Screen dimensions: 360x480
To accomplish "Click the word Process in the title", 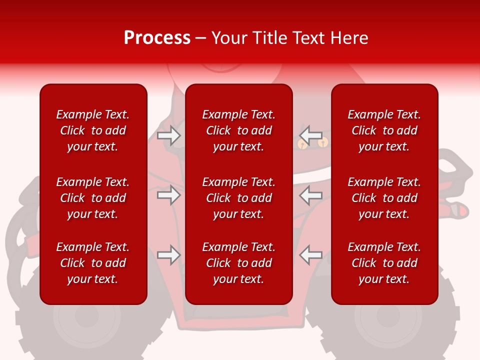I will pyautogui.click(x=157, y=38).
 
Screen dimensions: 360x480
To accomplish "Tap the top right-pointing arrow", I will pyautogui.click(x=168, y=135).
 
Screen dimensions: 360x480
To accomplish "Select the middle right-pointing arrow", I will pyautogui.click(x=168, y=195).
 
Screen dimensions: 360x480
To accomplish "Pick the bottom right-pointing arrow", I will pyautogui.click(x=168, y=255).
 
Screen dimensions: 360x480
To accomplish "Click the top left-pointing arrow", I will pyautogui.click(x=310, y=135).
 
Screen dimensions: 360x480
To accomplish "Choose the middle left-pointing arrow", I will pyautogui.click(x=310, y=195).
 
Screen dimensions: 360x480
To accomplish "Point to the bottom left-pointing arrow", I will pyautogui.click(x=310, y=255).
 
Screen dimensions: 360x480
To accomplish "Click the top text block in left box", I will pyautogui.click(x=93, y=130).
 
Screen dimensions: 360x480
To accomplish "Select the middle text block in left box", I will pyautogui.click(x=93, y=198).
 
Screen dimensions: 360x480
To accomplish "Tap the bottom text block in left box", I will pyautogui.click(x=93, y=263).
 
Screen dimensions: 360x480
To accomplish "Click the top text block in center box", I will pyautogui.click(x=238, y=130).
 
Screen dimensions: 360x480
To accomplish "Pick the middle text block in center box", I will pyautogui.click(x=238, y=198).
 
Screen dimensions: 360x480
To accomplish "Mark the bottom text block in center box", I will pyautogui.click(x=238, y=263).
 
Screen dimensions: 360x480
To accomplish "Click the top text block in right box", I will pyautogui.click(x=384, y=130).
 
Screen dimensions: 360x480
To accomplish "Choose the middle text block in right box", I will pyautogui.click(x=384, y=198).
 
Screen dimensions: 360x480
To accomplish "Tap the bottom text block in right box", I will pyautogui.click(x=384, y=263).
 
